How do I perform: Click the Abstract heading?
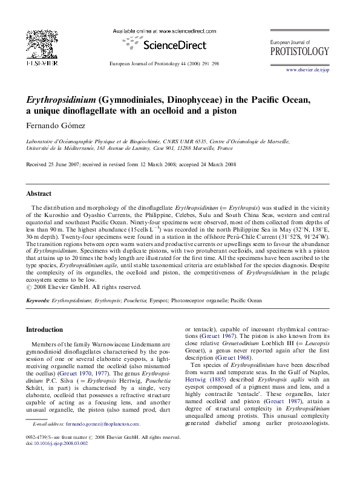39,195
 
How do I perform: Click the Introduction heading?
47,330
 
